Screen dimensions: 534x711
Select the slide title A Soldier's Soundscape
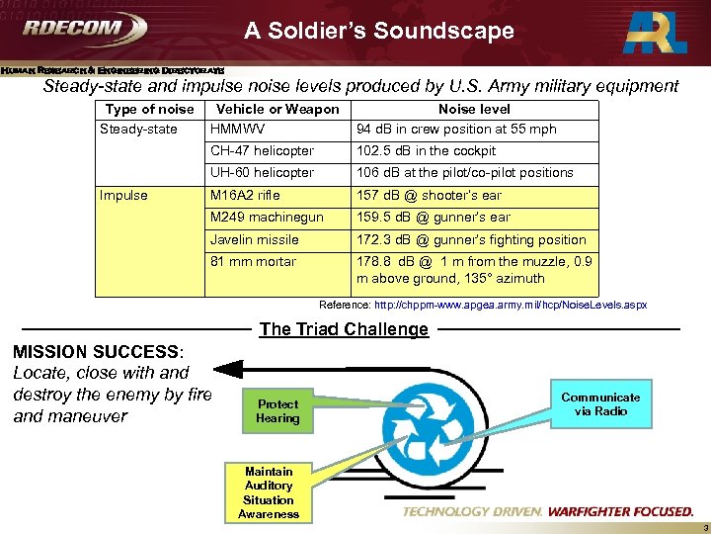[379, 31]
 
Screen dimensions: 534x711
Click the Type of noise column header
[149, 110]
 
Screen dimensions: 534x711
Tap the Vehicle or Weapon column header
[277, 110]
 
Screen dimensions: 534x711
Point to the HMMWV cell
[239, 129]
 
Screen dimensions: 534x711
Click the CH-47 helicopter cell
[262, 151]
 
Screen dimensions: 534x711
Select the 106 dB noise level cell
[464, 173]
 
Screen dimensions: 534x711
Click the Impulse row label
[123, 195]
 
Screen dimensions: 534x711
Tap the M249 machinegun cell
[267, 218]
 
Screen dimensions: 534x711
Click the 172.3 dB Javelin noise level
[471, 240]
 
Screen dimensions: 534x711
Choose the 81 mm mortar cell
[254, 262]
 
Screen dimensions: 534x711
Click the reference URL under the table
[483, 306]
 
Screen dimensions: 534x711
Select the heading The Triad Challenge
[344, 329]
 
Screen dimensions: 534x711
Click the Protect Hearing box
[277, 411]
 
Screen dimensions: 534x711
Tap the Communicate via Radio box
[600, 403]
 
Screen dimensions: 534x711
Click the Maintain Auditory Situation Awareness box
[269, 492]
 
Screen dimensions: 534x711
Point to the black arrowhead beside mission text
[229, 370]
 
